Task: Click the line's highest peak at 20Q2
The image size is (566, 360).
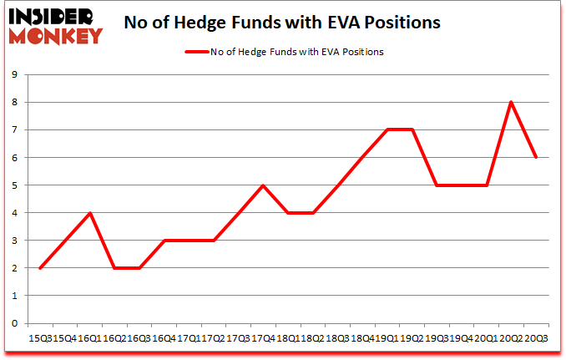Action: [x=510, y=102]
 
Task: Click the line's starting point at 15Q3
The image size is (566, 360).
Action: [x=40, y=268]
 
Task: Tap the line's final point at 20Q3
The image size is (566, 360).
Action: [x=535, y=157]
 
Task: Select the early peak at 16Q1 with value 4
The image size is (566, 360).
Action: [x=89, y=213]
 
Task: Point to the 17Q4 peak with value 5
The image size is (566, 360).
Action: [x=263, y=185]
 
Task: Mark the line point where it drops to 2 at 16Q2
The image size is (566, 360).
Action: [x=114, y=268]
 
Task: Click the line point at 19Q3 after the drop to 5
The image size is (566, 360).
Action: [x=436, y=185]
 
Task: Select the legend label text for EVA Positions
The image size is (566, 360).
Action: [x=296, y=52]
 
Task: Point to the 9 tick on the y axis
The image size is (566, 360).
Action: [x=16, y=74]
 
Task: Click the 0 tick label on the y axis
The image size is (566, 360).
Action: [x=16, y=323]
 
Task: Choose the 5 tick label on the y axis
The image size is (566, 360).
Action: [x=16, y=185]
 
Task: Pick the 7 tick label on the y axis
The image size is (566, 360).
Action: [x=16, y=129]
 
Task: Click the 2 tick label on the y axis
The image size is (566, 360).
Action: [x=16, y=268]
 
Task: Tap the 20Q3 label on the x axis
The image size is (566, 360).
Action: [x=536, y=337]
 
